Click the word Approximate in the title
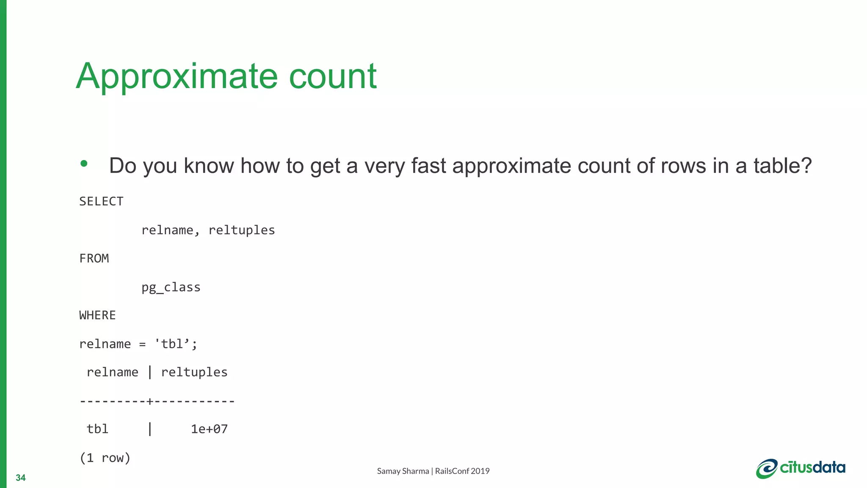(177, 76)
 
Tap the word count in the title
(333, 76)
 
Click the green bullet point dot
(84, 164)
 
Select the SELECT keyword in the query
(101, 202)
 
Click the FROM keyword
(94, 258)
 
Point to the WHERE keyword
(97, 316)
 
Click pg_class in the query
(171, 288)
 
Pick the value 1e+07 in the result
(209, 430)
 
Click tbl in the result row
(97, 429)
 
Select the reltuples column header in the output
(194, 372)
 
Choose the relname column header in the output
(112, 372)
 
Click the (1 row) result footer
(105, 458)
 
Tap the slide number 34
(20, 478)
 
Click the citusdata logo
(801, 468)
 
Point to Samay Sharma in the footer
(403, 471)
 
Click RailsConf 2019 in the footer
(462, 471)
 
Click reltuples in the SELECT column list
(241, 230)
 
